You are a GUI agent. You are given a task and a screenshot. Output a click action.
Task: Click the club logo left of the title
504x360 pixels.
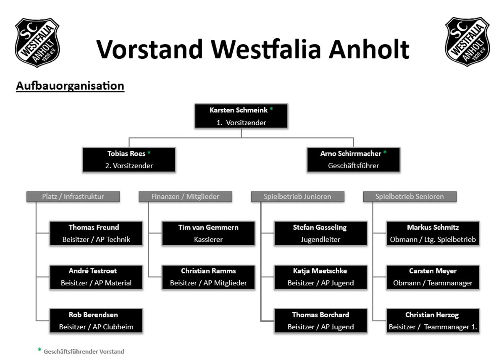point(37,42)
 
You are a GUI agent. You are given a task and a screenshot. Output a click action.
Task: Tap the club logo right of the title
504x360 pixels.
point(467,42)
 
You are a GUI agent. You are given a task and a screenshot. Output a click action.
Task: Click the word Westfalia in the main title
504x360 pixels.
point(266,49)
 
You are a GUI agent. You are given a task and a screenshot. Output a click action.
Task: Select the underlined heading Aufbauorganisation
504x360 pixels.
point(70,86)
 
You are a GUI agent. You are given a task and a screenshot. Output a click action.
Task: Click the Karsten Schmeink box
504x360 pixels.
point(241,116)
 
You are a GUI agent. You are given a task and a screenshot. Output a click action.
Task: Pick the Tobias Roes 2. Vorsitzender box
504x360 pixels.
point(129,160)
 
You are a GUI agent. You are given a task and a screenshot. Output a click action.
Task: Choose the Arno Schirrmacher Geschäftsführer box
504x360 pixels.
point(354,160)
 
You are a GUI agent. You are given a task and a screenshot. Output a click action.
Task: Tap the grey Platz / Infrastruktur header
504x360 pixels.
point(73,197)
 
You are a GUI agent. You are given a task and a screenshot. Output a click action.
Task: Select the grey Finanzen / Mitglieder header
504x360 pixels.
point(185,197)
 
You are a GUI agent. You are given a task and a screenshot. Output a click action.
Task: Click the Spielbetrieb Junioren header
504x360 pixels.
point(297,197)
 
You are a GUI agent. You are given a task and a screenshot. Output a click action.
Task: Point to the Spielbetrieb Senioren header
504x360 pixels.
point(410,197)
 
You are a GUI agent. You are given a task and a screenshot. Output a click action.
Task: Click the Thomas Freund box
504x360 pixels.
point(96,233)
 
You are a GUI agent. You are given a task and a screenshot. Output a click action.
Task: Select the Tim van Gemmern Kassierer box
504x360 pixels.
point(208,233)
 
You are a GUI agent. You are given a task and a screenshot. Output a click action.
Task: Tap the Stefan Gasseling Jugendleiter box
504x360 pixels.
point(320,233)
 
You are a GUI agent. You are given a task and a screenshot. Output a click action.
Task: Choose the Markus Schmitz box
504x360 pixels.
point(433,233)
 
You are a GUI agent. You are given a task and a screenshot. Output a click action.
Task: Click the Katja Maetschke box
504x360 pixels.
point(320,277)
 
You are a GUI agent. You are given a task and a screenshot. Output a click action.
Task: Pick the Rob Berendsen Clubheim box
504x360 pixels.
point(96,321)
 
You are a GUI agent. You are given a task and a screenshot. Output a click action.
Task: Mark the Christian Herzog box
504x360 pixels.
point(433,321)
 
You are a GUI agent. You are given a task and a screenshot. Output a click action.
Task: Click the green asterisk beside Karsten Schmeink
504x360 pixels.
point(271,109)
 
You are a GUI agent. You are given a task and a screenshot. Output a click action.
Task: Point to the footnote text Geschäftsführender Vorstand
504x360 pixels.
point(84,352)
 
